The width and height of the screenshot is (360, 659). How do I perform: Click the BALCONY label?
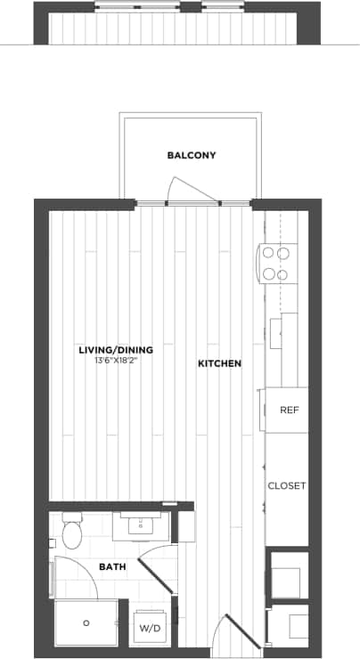[x=192, y=155]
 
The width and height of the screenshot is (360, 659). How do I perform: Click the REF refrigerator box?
[x=288, y=411]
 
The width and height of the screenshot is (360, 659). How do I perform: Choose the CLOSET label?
[x=287, y=486]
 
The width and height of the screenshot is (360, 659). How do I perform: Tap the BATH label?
[x=112, y=566]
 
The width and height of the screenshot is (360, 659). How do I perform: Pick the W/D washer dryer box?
[x=148, y=629]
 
